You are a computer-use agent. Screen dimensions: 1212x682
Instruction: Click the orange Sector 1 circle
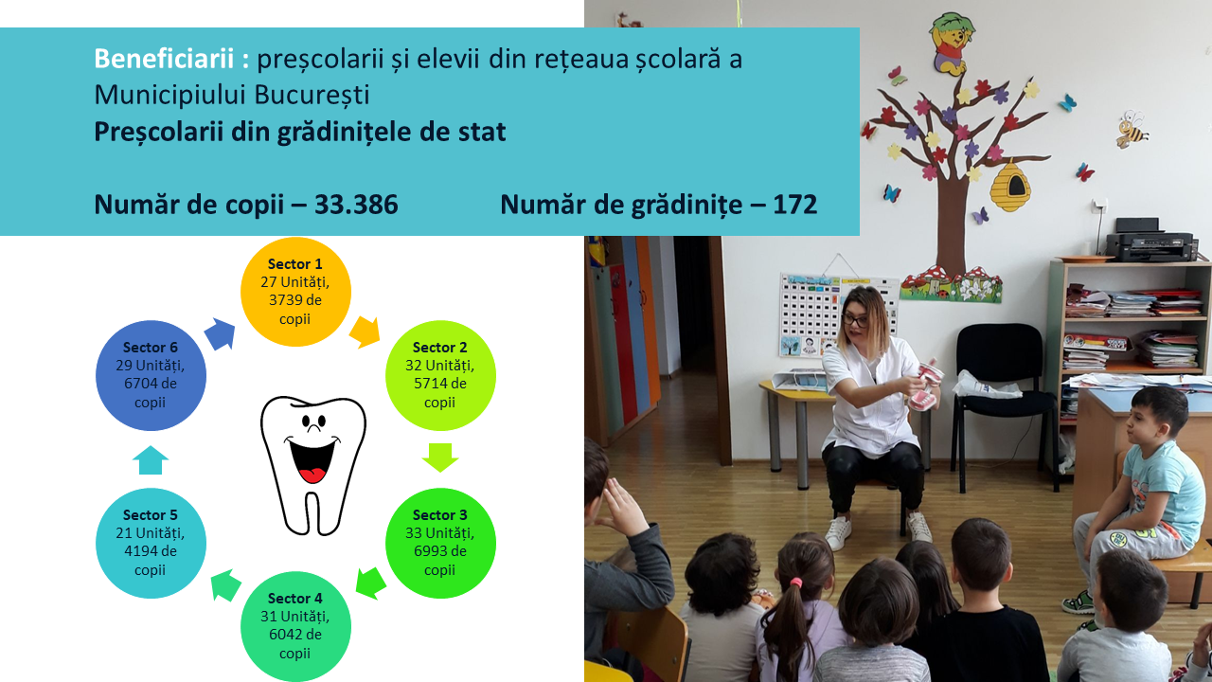[x=295, y=292]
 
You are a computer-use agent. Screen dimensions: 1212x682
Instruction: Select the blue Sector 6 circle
[x=151, y=375]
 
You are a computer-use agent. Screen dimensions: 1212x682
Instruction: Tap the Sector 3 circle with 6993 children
[x=440, y=543]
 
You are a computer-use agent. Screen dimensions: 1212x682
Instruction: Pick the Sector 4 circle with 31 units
[x=295, y=626]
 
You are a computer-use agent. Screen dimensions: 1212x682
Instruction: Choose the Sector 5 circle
[x=151, y=543]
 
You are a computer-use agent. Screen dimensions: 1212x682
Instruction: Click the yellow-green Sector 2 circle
[x=440, y=375]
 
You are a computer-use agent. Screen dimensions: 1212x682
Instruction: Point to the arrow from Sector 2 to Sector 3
[x=440, y=458]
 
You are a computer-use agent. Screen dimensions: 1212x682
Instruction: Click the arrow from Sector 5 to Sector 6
[x=151, y=460]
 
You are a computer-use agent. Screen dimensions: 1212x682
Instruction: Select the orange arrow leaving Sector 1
[x=365, y=332]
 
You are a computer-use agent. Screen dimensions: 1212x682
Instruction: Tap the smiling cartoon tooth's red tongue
[x=312, y=476]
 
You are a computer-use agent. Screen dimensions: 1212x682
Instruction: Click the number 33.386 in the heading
[x=356, y=205]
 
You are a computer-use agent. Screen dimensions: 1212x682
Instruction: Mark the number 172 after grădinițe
[x=794, y=205]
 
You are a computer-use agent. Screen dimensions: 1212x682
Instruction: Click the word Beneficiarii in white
[x=164, y=59]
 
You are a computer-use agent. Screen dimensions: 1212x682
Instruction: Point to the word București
[x=312, y=95]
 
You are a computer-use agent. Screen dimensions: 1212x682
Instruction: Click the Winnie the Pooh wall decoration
[x=952, y=44]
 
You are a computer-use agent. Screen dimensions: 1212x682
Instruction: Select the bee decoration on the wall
[x=1132, y=129]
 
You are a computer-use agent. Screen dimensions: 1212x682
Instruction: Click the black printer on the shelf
[x=1150, y=241]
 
